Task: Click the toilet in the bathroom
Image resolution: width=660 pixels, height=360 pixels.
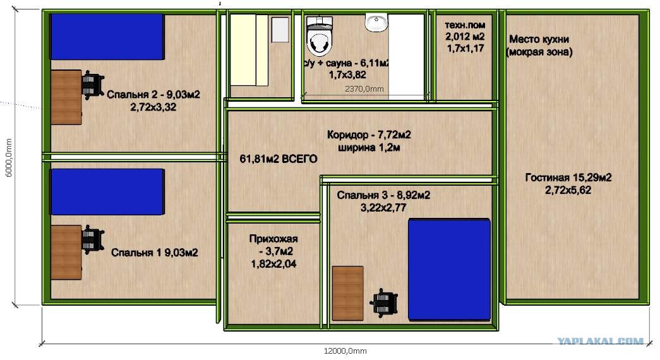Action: (x=320, y=36)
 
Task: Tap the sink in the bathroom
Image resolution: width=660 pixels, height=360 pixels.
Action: (x=376, y=22)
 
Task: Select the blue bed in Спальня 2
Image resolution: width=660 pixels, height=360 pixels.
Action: (x=107, y=37)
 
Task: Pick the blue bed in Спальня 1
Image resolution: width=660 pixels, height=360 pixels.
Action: (x=107, y=192)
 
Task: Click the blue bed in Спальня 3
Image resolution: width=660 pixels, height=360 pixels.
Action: (x=450, y=270)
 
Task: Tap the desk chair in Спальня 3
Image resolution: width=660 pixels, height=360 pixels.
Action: (x=384, y=303)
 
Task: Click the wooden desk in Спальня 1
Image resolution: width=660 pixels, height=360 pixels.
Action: (x=66, y=252)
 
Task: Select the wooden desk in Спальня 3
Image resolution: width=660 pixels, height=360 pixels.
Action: (x=347, y=293)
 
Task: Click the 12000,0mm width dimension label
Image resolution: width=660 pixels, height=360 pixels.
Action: (x=345, y=351)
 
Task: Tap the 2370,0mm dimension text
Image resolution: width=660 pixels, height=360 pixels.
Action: (x=364, y=89)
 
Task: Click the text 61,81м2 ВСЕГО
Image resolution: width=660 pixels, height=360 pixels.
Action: (x=279, y=159)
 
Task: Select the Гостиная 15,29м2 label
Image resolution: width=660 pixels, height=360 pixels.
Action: (x=568, y=177)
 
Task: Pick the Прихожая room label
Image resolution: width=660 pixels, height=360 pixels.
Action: (x=273, y=239)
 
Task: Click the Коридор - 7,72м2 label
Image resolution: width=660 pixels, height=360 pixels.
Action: (x=369, y=135)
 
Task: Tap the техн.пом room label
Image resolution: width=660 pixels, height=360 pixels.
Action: (x=465, y=25)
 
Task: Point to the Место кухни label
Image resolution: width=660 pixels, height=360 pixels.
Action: (x=539, y=39)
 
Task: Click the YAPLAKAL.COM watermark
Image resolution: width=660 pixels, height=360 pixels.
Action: (x=600, y=341)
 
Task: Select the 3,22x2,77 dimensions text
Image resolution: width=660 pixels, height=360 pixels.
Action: (x=383, y=208)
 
